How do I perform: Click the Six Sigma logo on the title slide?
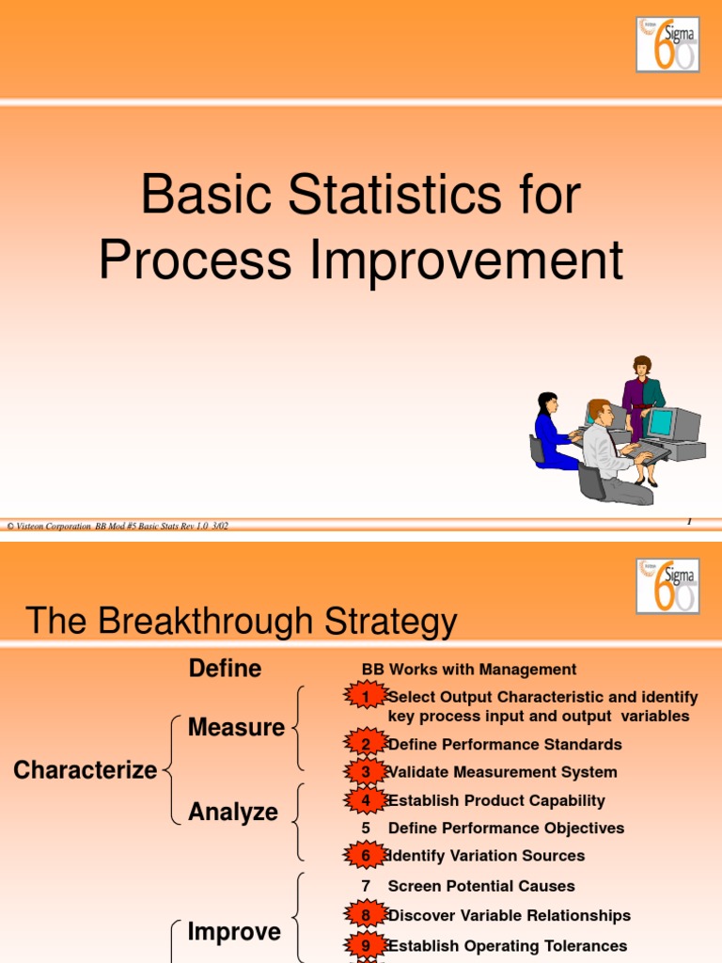click(667, 44)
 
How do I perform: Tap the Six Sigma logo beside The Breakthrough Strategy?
click(667, 586)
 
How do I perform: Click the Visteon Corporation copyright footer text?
click(118, 527)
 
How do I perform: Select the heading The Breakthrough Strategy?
click(242, 622)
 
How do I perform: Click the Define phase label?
click(225, 669)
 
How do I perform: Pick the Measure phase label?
click(236, 727)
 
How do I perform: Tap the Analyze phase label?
click(233, 812)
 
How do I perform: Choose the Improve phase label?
click(234, 932)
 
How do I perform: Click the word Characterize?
click(85, 770)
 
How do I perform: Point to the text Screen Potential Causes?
click(480, 886)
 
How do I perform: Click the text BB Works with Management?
click(469, 670)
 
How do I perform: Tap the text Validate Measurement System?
click(502, 772)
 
